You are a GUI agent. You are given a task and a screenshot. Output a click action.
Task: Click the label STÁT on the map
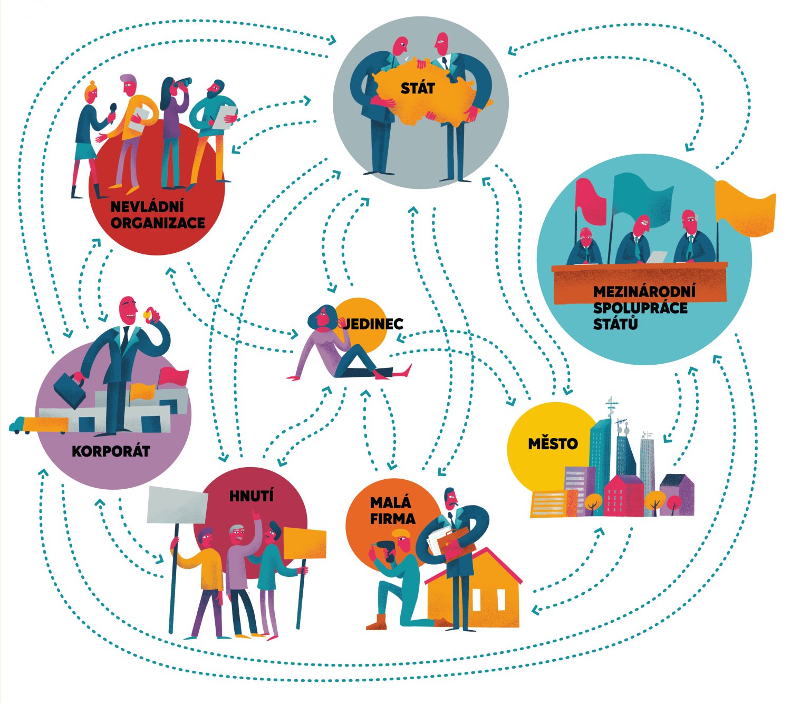[418, 88]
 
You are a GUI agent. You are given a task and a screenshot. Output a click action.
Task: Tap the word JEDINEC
[373, 324]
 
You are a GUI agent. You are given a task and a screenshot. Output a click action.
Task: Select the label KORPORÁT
[111, 451]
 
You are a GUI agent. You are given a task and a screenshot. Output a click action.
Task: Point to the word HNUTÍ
[252, 496]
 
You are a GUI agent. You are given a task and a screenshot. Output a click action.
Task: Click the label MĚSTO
[553, 444]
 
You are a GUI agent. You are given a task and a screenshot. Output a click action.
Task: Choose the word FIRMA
[392, 518]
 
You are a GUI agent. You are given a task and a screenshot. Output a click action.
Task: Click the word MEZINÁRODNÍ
[644, 292]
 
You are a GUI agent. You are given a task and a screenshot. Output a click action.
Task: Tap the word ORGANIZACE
[158, 223]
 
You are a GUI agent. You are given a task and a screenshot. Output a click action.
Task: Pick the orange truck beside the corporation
[40, 424]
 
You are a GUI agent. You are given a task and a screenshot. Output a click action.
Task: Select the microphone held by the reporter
[112, 111]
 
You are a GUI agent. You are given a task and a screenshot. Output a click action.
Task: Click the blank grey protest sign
[177, 505]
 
